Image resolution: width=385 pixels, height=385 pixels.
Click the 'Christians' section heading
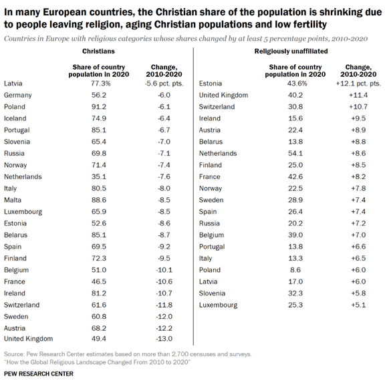point(98,51)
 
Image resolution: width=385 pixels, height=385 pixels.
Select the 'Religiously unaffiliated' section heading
point(291,51)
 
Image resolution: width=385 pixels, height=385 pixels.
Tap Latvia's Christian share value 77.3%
point(101,84)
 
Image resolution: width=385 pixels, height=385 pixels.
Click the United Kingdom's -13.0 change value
point(164,339)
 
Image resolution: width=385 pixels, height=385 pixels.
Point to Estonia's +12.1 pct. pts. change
point(358,84)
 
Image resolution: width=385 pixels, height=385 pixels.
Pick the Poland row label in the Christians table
point(15,107)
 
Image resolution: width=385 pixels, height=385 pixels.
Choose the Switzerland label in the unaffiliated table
point(217,107)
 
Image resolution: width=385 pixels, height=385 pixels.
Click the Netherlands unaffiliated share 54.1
point(295,154)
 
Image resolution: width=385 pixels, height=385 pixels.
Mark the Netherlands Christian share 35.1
point(99,176)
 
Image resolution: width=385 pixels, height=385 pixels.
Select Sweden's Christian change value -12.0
point(164,317)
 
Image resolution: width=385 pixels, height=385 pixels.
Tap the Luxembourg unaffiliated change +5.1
point(358,305)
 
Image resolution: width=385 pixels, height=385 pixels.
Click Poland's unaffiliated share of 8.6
point(295,270)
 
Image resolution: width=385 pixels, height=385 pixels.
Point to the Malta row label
point(13,200)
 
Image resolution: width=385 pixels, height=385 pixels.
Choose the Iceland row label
point(15,118)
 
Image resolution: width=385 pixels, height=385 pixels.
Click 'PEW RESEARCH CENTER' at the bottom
point(39,374)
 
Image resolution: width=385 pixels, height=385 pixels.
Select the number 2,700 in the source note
point(180,354)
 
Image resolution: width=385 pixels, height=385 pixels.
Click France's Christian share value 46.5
point(99,281)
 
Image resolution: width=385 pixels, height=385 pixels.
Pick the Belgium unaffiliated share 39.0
point(295,235)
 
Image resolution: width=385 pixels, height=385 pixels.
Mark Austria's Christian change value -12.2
point(164,328)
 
